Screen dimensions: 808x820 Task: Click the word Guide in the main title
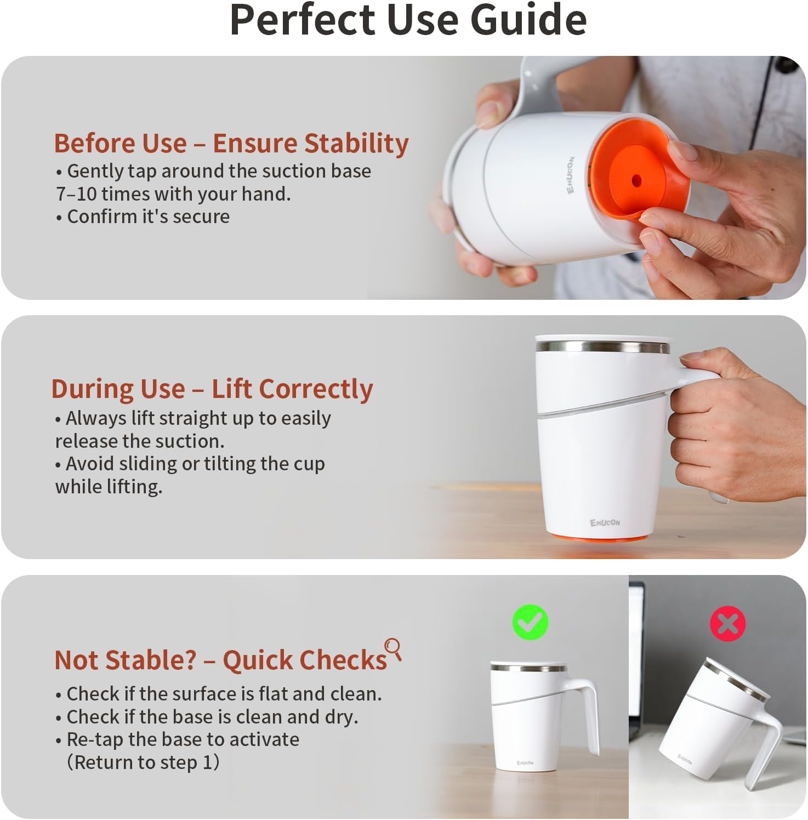coord(528,19)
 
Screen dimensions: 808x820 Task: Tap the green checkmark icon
coord(530,623)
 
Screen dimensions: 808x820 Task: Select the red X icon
coord(728,624)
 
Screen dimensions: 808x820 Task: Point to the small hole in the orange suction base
coord(636,180)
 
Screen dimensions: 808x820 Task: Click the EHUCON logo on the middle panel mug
coord(605,522)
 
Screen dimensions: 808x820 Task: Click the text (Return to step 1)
coord(143,762)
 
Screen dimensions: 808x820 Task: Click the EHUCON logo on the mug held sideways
coord(571,175)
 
